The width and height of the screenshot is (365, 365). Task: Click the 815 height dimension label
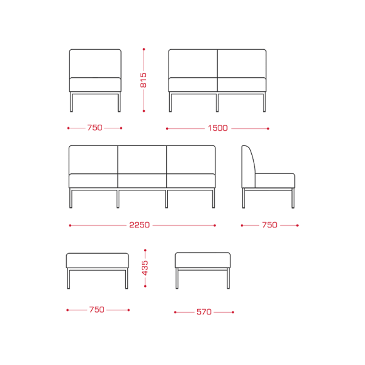pyautogui.click(x=144, y=80)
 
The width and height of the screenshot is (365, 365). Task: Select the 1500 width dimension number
pyautogui.click(x=218, y=128)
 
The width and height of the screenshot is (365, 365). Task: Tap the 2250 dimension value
pyautogui.click(x=139, y=225)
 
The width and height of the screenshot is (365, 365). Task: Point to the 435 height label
pyautogui.click(x=145, y=268)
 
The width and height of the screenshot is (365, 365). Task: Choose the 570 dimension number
pyautogui.click(x=204, y=312)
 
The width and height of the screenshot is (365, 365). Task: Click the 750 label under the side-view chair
pyautogui.click(x=269, y=225)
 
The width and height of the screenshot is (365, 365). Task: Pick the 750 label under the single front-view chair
pyautogui.click(x=95, y=128)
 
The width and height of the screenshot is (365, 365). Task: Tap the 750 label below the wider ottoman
pyautogui.click(x=97, y=310)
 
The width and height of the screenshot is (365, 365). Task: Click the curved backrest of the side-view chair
pyautogui.click(x=249, y=167)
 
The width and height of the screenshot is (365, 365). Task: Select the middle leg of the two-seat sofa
pyautogui.click(x=217, y=102)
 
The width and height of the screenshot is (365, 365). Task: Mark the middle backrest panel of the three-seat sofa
pyautogui.click(x=142, y=159)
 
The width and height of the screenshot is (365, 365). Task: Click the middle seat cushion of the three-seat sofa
pyautogui.click(x=142, y=181)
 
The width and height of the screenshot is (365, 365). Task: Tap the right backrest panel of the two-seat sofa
pyautogui.click(x=242, y=63)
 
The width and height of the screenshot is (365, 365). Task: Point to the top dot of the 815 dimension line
pyautogui.click(x=144, y=49)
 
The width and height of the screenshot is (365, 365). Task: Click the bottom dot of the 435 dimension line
pyautogui.click(x=145, y=286)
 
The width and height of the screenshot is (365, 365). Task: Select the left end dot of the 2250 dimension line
pyautogui.click(x=70, y=225)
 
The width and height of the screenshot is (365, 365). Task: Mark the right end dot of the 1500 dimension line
pyautogui.click(x=268, y=128)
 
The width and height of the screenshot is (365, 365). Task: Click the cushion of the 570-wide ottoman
pyautogui.click(x=203, y=260)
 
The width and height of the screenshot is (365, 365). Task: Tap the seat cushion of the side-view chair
pyautogui.click(x=275, y=181)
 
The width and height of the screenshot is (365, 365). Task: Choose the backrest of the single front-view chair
pyautogui.click(x=96, y=63)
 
